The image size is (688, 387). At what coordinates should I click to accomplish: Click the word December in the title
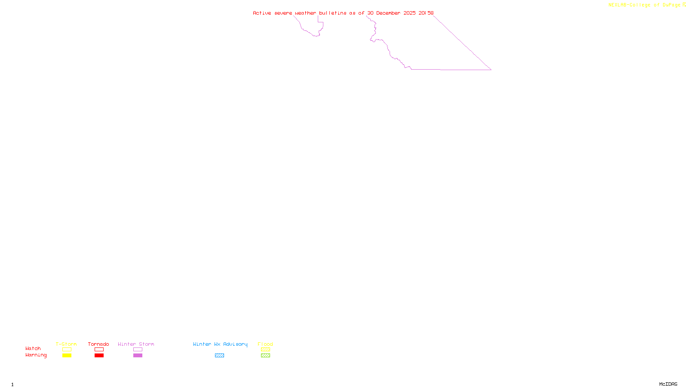tap(388, 13)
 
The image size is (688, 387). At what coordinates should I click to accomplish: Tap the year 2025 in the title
tap(409, 13)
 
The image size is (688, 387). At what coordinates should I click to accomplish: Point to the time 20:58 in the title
tap(426, 13)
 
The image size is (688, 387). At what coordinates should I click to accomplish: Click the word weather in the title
tap(305, 13)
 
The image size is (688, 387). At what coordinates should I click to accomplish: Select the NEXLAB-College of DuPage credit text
tap(644, 5)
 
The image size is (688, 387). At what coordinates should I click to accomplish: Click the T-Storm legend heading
tap(66, 344)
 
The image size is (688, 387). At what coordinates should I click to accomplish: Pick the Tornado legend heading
tap(98, 344)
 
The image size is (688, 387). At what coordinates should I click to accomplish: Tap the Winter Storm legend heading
tap(136, 344)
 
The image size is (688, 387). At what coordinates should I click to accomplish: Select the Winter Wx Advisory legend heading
tap(220, 344)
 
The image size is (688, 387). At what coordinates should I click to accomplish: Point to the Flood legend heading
tap(265, 344)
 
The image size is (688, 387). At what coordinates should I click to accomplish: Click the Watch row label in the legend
tap(33, 348)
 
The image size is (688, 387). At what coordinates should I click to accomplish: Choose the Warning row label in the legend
tap(36, 355)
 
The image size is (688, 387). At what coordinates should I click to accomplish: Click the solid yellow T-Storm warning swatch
tap(67, 356)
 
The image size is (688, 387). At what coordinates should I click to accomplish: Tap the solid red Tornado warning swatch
tap(99, 356)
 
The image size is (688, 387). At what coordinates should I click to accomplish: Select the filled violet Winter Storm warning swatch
tap(138, 356)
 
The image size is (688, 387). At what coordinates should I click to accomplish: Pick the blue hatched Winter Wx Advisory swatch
tap(219, 356)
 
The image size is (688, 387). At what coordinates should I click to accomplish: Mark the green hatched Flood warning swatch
tap(265, 356)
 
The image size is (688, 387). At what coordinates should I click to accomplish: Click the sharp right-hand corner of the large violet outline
tap(491, 70)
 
